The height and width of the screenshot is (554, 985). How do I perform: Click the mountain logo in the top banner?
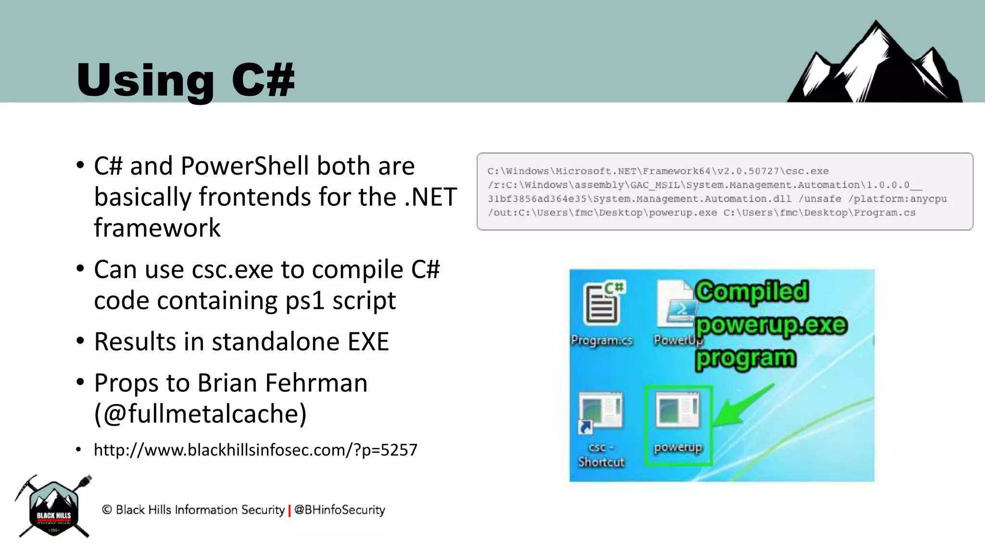[874, 65]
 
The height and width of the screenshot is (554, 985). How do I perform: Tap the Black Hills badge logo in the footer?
[53, 507]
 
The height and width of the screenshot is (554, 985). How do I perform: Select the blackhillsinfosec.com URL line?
[255, 450]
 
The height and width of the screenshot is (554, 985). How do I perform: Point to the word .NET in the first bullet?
[430, 197]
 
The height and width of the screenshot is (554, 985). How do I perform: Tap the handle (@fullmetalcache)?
[200, 414]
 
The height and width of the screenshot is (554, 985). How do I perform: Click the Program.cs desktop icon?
[601, 313]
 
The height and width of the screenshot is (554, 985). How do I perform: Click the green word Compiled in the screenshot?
[752, 291]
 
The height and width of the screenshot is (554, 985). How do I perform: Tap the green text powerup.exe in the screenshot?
[771, 325]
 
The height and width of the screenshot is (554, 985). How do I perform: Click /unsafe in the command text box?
[820, 199]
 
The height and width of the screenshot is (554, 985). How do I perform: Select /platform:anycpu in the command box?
[897, 199]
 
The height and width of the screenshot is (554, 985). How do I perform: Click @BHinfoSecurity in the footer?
[340, 510]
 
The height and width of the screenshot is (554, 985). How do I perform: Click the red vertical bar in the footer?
[290, 510]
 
